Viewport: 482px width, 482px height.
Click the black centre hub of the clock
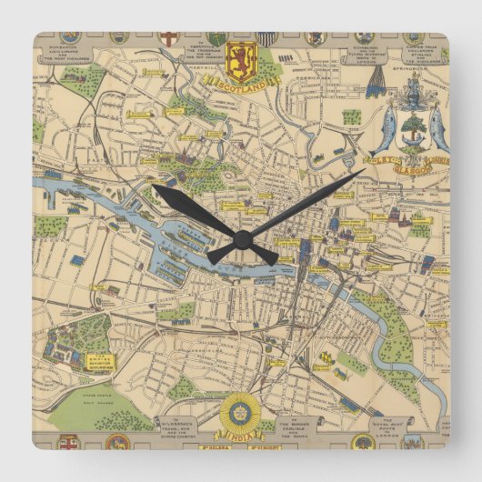[x=242, y=240]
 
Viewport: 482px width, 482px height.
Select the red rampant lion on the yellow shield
[x=241, y=60]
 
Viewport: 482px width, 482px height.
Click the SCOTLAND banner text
[x=241, y=84]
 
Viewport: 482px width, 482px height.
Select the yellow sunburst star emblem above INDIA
[x=239, y=406]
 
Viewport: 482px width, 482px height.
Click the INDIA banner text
[x=240, y=429]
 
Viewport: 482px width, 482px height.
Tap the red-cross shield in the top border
[x=168, y=39]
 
